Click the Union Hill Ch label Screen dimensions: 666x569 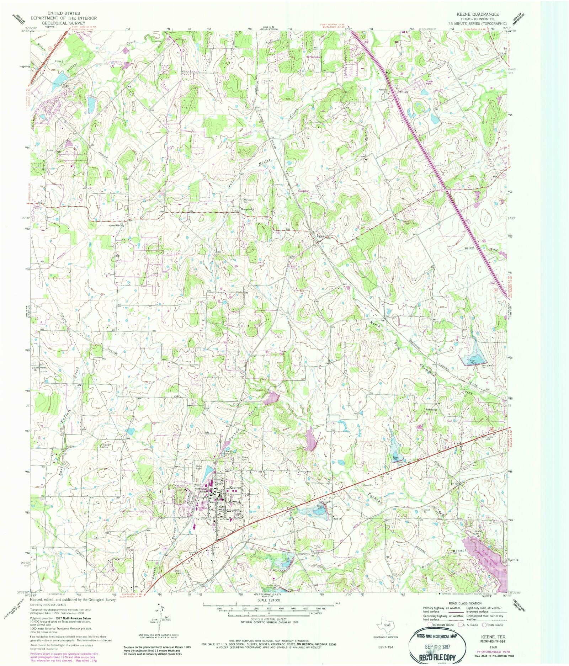116,225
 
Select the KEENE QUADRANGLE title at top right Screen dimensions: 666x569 478,14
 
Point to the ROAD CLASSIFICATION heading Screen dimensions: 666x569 465,603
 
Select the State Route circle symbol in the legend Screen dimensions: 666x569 484,625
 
